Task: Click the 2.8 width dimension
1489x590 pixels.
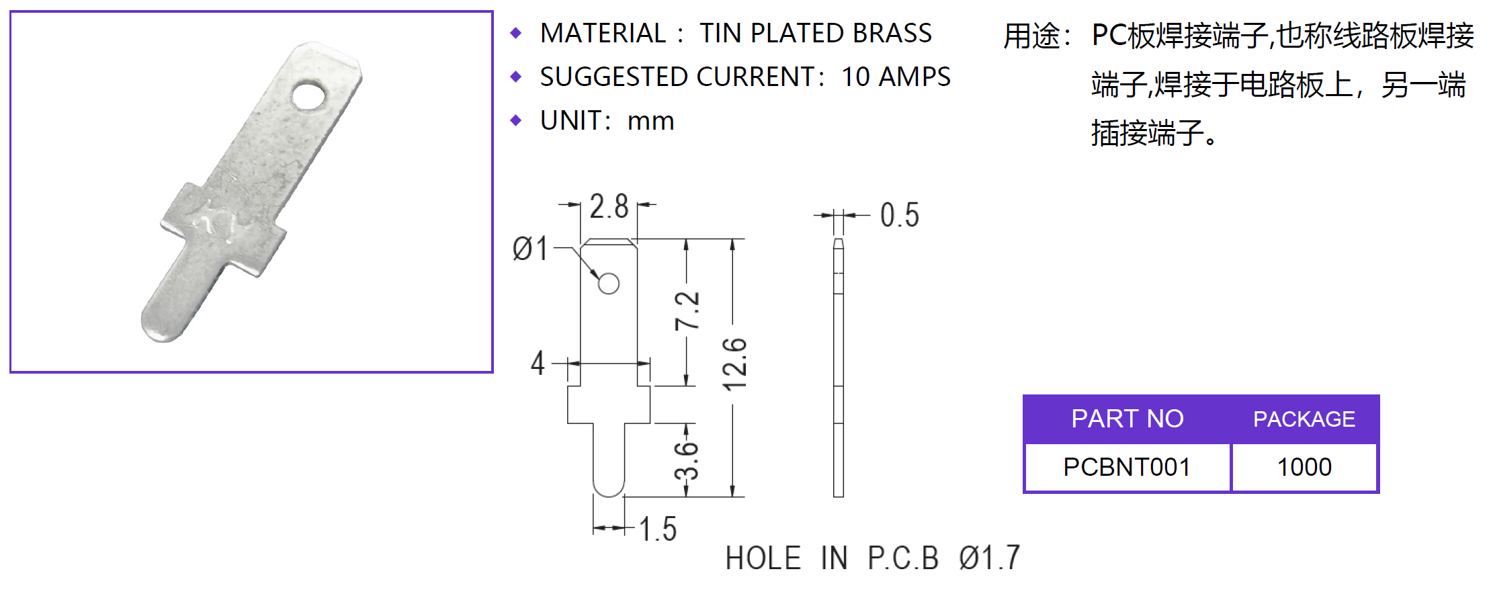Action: pyautogui.click(x=609, y=206)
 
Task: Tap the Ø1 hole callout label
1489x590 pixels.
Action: pyautogui.click(x=530, y=249)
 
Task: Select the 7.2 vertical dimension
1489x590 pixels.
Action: pyautogui.click(x=687, y=310)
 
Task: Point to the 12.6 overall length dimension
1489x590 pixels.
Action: pyautogui.click(x=734, y=364)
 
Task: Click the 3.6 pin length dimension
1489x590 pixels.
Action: pyautogui.click(x=687, y=460)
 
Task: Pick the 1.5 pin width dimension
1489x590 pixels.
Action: pyautogui.click(x=658, y=529)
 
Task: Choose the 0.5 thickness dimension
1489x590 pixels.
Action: pyautogui.click(x=899, y=215)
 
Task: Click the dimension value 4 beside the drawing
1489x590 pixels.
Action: pyautogui.click(x=537, y=363)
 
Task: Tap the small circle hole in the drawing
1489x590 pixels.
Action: pyautogui.click(x=609, y=284)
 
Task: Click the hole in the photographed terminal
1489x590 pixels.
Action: pyautogui.click(x=308, y=96)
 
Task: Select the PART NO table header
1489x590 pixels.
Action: pyautogui.click(x=1127, y=419)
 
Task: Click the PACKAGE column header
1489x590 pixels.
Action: pyautogui.click(x=1304, y=419)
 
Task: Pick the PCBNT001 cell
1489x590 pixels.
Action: pyautogui.click(x=1127, y=467)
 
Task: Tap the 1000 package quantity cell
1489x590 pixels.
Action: pyautogui.click(x=1304, y=467)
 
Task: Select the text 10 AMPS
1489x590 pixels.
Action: pyautogui.click(x=896, y=77)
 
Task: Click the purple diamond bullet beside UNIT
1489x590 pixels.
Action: pyautogui.click(x=516, y=120)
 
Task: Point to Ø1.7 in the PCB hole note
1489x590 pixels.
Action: pyautogui.click(x=989, y=558)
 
